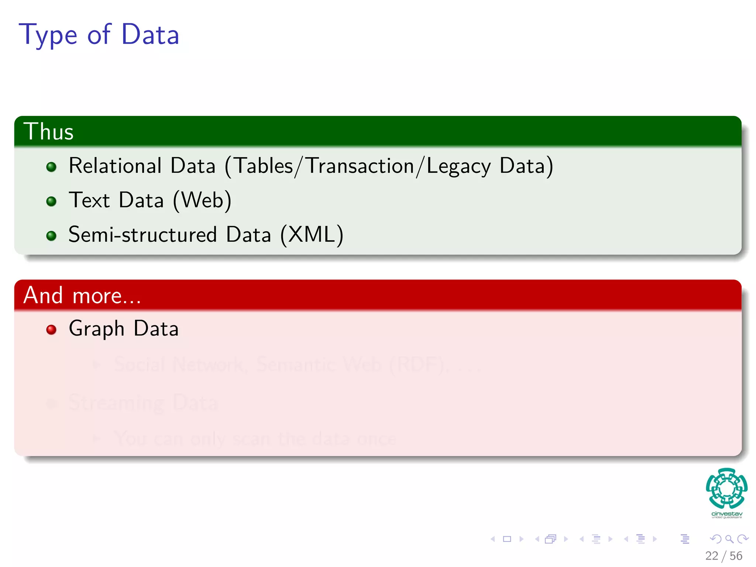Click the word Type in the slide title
click(48, 35)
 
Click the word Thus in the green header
click(48, 131)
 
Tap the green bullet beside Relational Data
click(51, 167)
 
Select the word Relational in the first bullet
click(115, 166)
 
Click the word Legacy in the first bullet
click(458, 166)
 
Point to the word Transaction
click(360, 166)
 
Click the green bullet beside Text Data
click(51, 201)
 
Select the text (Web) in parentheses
click(202, 200)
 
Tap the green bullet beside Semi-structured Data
click(51, 236)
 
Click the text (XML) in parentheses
click(312, 235)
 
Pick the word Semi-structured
click(142, 235)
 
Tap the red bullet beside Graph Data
click(51, 329)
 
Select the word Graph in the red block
click(96, 329)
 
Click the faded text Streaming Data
click(143, 402)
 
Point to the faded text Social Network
click(179, 364)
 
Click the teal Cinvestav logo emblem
click(726, 488)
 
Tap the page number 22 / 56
click(724, 556)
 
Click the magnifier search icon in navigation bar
click(729, 539)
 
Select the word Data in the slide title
click(150, 35)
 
